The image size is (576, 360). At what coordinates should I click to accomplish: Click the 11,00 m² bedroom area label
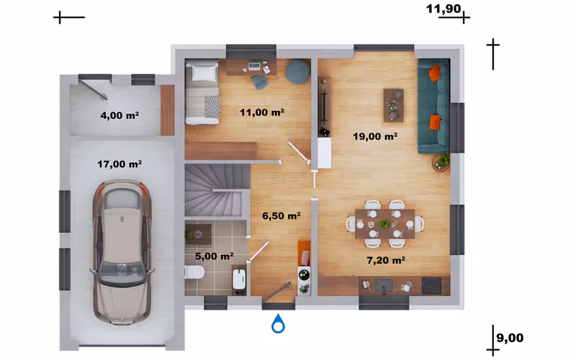(x=262, y=112)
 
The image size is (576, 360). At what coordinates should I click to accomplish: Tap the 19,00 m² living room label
(x=375, y=136)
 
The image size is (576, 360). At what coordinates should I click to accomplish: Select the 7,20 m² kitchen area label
(x=386, y=260)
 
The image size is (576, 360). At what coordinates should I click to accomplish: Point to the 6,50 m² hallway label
(x=282, y=215)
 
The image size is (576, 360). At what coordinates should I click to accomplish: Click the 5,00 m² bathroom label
(x=214, y=256)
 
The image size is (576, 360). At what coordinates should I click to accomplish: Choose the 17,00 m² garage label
(x=120, y=164)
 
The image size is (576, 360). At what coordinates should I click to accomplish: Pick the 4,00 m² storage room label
(x=120, y=115)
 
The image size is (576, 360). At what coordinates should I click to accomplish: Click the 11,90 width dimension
(x=444, y=9)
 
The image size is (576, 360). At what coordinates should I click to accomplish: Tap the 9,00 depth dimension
(x=510, y=338)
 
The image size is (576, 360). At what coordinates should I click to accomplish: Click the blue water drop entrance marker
(x=278, y=323)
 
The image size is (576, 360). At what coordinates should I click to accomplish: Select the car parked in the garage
(x=122, y=252)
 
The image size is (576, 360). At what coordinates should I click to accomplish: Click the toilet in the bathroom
(x=194, y=273)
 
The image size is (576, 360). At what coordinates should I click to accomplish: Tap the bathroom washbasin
(x=239, y=279)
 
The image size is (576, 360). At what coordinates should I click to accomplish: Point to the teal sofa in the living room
(x=434, y=106)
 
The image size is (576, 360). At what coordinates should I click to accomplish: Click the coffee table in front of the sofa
(x=393, y=105)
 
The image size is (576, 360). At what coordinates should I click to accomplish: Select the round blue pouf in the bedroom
(x=298, y=71)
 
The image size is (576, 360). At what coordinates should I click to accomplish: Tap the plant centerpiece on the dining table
(x=385, y=223)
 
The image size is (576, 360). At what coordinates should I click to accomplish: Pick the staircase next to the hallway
(x=217, y=190)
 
